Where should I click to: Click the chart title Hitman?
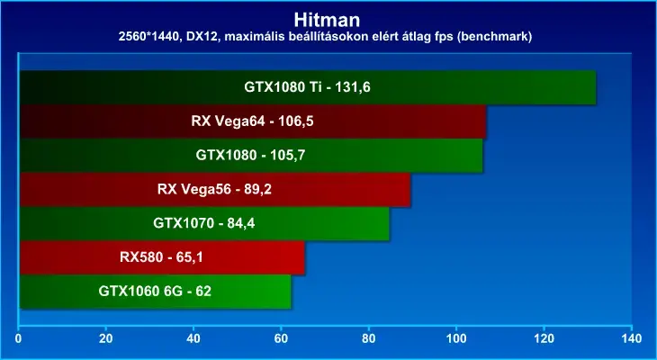(x=327, y=20)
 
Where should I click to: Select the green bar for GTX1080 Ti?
(x=308, y=87)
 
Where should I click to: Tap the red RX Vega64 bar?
(x=253, y=121)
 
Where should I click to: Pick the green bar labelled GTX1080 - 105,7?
(x=251, y=156)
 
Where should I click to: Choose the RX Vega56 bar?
(x=215, y=189)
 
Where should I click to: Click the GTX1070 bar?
(x=204, y=223)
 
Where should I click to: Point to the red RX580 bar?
(x=162, y=257)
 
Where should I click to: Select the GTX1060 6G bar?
(x=155, y=292)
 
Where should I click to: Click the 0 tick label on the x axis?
(x=18, y=337)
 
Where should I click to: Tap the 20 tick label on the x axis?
(x=106, y=337)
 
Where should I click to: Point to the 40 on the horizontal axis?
(x=193, y=337)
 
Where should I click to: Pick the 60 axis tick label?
(x=281, y=337)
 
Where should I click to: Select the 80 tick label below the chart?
(x=369, y=337)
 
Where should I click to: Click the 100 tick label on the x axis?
(x=456, y=337)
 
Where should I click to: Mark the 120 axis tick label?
(x=544, y=337)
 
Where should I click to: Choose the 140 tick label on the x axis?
(x=632, y=337)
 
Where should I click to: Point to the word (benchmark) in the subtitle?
(x=494, y=37)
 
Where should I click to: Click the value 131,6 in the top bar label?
(x=353, y=87)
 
